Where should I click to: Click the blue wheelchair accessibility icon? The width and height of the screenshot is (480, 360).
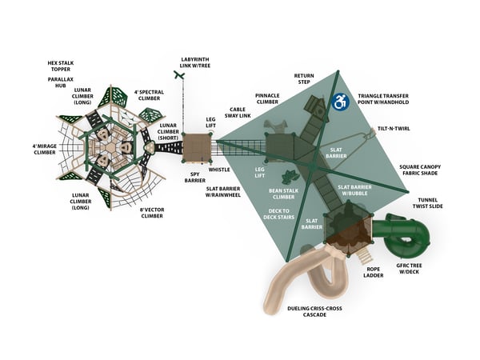click(x=340, y=102)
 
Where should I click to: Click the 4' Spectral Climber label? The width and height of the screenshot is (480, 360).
click(x=149, y=96)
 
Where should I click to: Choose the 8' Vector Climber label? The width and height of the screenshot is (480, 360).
click(x=152, y=212)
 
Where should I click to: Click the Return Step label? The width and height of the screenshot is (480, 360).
click(x=304, y=78)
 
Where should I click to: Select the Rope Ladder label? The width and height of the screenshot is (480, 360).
click(x=374, y=273)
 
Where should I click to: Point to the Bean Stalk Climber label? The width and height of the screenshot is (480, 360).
click(x=284, y=195)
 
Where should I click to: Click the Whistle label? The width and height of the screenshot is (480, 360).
click(x=218, y=169)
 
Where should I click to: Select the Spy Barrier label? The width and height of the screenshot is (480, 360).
click(x=196, y=178)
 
